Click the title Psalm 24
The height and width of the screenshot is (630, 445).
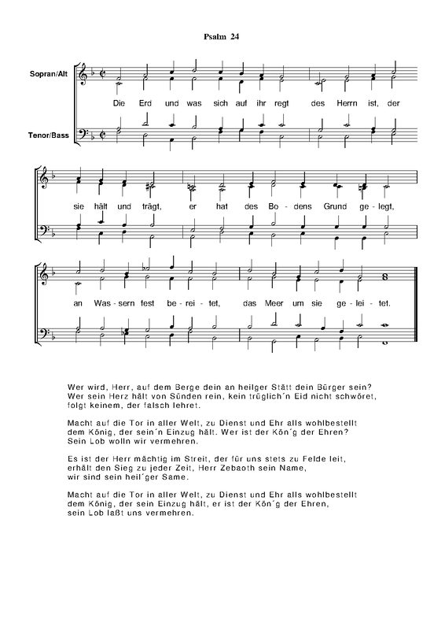tap(221, 37)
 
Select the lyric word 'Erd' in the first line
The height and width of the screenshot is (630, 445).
tap(146, 104)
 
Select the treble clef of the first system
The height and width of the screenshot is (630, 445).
tap(83, 76)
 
